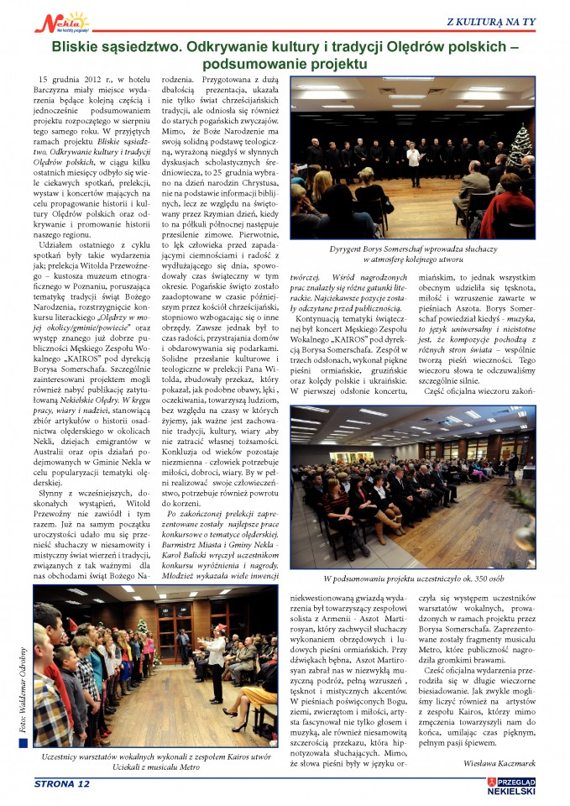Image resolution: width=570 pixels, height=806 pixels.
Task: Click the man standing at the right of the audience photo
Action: coord(512,467)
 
